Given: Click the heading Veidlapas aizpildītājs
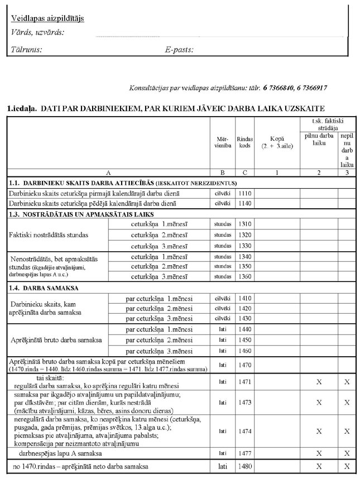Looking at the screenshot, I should (47, 18).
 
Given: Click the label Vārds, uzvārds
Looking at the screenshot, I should (37, 32).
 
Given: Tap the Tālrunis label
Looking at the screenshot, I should (26, 50).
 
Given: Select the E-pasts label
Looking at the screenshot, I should (179, 50).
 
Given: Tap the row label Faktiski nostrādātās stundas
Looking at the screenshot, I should (49, 235).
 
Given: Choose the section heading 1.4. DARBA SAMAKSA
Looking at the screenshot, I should (43, 288).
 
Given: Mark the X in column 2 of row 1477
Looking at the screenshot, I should (319, 453).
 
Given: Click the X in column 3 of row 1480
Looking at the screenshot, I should (347, 466).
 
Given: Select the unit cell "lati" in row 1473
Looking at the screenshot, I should (222, 401).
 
